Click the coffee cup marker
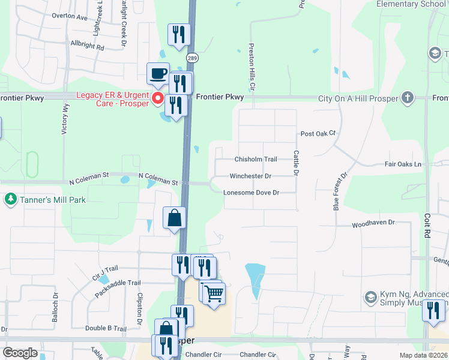pos(158,74)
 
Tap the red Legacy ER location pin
pos(158,98)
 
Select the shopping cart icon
pos(214,294)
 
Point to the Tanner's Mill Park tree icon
pos(10,199)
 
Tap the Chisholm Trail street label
pos(255,160)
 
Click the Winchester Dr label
pos(250,176)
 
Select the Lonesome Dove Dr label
pos(252,193)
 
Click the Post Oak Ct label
pos(318,133)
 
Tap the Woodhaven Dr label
pos(373,222)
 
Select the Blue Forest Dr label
pos(340,192)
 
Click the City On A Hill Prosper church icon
pos(408,98)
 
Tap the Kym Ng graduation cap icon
pos(370,297)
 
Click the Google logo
pos(20,353)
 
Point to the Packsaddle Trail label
pos(118,289)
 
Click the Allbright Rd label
pos(87,46)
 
